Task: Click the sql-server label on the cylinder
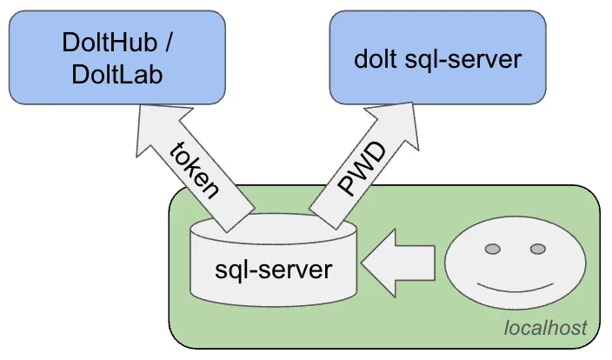point(273,269)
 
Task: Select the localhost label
point(545,328)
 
